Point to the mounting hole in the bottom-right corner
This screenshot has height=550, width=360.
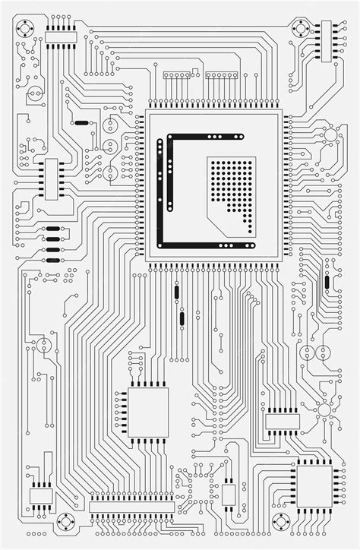point(283,522)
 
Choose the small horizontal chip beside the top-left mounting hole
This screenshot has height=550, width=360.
point(60,35)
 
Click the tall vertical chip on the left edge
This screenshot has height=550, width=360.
point(51,179)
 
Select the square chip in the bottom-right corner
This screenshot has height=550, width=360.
point(313,485)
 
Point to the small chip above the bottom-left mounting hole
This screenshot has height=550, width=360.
point(41,495)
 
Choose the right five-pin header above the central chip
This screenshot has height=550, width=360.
point(221,75)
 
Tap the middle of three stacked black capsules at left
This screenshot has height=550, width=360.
point(52,239)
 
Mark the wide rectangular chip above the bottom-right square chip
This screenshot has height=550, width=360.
point(283,421)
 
